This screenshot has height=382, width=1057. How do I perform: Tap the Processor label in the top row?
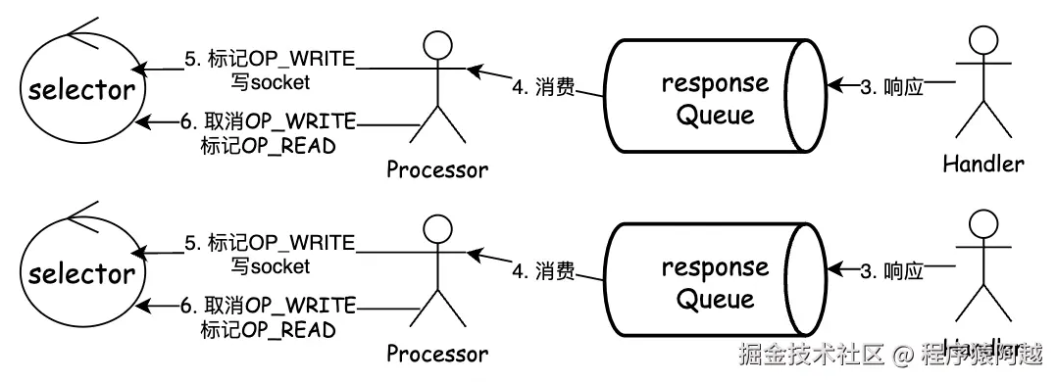(x=436, y=169)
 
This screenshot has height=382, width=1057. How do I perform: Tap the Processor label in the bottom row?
(x=436, y=353)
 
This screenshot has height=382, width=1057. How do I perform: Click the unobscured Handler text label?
(x=982, y=163)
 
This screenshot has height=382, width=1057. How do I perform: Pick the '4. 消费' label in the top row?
(x=542, y=88)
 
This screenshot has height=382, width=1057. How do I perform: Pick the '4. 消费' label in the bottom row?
(x=542, y=271)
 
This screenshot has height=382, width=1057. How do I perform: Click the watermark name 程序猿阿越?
(x=981, y=354)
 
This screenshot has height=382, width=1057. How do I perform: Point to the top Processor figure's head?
(x=436, y=43)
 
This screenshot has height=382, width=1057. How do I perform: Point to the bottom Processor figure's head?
(x=436, y=227)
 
